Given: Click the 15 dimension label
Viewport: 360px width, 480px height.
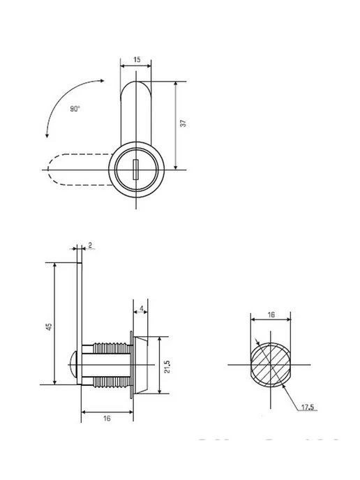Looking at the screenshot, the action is click(137, 59).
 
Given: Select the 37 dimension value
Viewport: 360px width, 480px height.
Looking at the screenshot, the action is click(183, 123).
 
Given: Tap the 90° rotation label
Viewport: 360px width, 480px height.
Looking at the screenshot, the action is click(75, 109).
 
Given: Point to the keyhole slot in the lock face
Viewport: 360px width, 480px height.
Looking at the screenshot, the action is click(135, 170).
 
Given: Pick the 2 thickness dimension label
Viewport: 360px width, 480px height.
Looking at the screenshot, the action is click(90, 245).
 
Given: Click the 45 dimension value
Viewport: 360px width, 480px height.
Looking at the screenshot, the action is click(49, 327).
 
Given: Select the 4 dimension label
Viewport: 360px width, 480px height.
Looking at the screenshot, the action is click(141, 308).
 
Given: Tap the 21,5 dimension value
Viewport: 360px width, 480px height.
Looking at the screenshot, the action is click(167, 366).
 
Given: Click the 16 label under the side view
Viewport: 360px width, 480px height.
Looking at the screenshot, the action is click(107, 418).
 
